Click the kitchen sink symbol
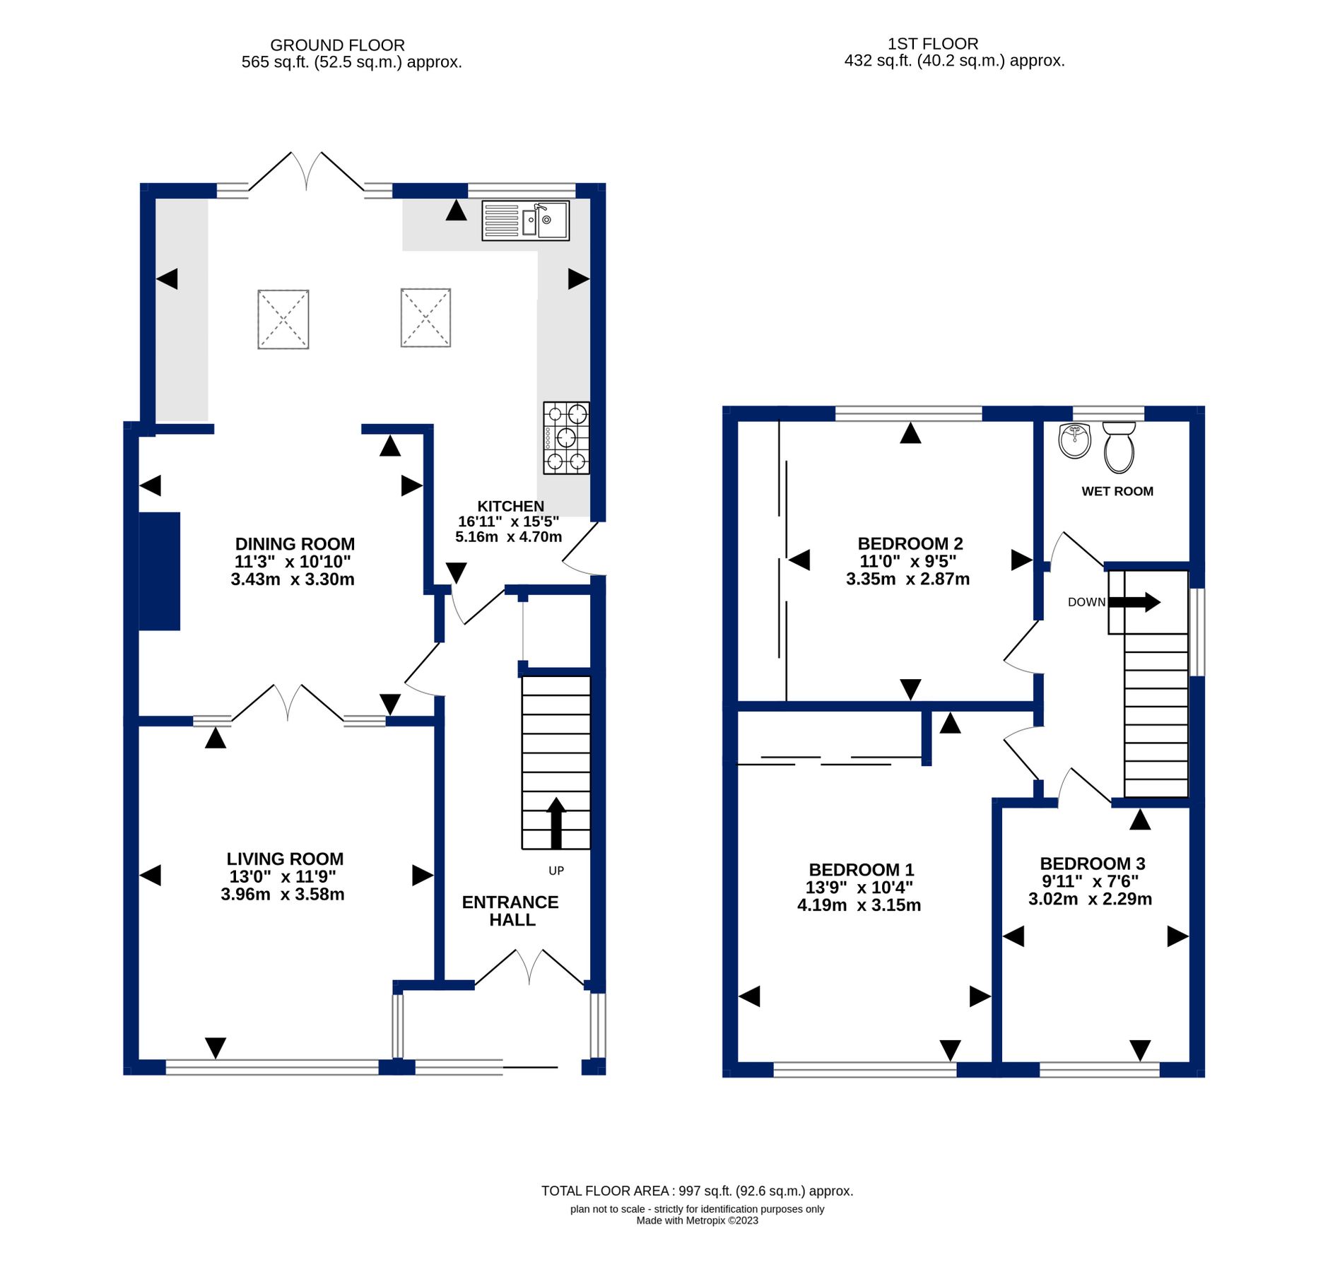(x=525, y=220)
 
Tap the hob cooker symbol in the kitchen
(x=565, y=437)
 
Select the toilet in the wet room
(x=1119, y=447)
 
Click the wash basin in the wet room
(x=1074, y=440)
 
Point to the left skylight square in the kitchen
(x=283, y=319)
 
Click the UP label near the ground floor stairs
(x=556, y=871)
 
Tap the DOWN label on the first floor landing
(x=1086, y=602)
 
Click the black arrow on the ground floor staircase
(x=556, y=823)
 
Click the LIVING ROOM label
(x=285, y=859)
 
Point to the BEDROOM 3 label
(x=1092, y=864)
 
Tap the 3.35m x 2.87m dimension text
(x=907, y=579)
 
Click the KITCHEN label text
(x=510, y=506)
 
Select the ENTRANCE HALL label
(x=510, y=911)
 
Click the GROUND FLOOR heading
(x=337, y=45)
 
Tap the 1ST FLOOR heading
(x=933, y=44)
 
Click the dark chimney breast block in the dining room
(x=160, y=571)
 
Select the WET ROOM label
(x=1117, y=491)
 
